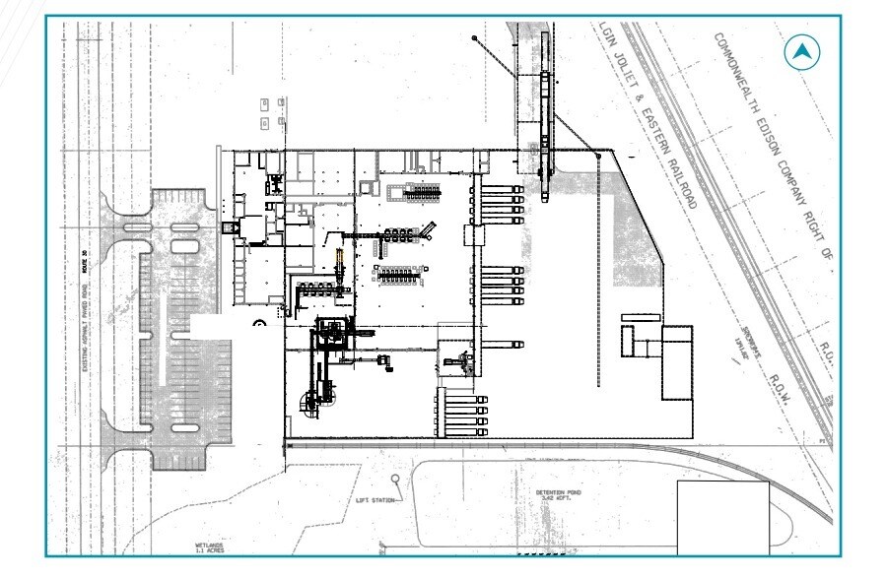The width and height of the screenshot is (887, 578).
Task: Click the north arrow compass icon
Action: pos(803,52)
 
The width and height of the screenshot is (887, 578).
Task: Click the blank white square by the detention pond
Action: pos(722,518)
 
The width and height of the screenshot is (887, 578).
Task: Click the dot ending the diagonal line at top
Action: pos(474,38)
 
